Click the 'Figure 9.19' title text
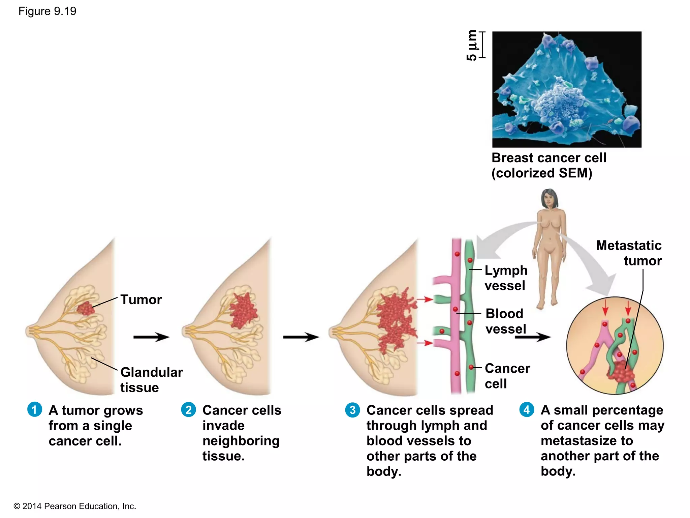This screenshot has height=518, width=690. pos(47,11)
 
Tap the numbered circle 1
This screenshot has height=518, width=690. pos(34,409)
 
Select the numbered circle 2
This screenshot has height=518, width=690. pos(188,409)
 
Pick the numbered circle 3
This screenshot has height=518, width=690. pos(352,410)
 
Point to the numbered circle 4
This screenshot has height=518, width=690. pos(527,409)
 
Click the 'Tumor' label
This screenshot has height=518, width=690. pos(141,299)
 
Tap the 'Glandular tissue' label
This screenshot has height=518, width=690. pos(151,380)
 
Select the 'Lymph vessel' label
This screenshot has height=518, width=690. pos(506,278)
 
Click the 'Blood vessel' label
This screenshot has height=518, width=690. pos(505,321)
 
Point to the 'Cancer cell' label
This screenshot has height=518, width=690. pos(507,376)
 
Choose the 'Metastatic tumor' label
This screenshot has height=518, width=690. pos(629,253)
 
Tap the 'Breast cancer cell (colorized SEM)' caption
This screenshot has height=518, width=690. pos(548,165)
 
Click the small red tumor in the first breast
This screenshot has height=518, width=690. pos(85,308)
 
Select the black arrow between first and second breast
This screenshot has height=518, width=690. pos(151,337)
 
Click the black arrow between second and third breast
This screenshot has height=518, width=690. pos(301,337)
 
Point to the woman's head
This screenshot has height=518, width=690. pos(549,198)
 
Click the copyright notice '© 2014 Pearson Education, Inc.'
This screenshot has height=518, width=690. pos(75,506)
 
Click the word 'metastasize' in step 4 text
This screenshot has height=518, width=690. pos(587,440)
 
